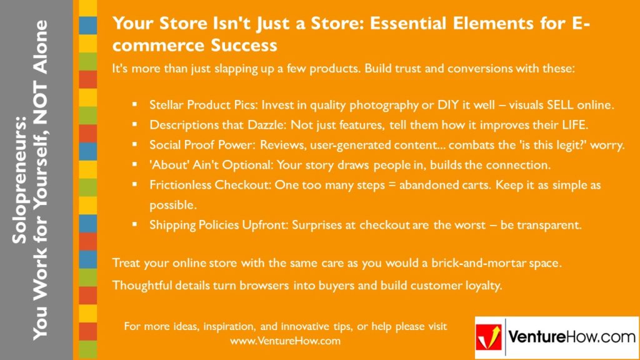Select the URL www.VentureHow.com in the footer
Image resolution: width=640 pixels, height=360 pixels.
click(285, 341)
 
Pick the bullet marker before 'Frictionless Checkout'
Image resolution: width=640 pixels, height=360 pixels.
click(134, 186)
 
